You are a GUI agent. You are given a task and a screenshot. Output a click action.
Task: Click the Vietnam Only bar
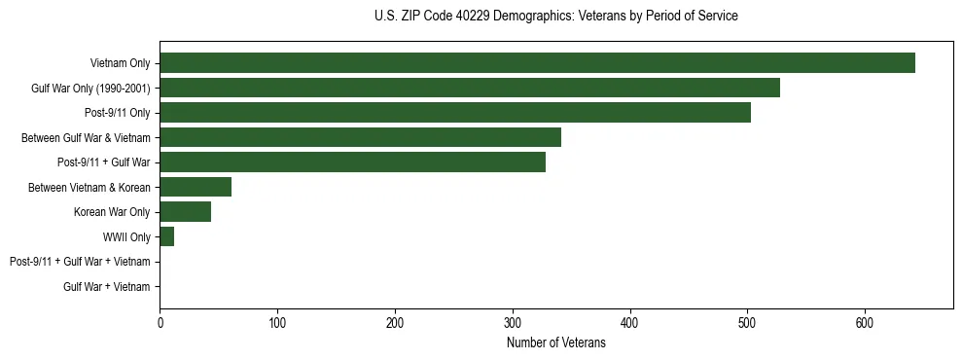pos(537,63)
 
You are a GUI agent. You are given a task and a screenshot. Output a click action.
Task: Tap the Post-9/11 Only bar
pos(455,113)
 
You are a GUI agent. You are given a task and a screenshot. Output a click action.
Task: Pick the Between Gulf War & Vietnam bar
pos(360,137)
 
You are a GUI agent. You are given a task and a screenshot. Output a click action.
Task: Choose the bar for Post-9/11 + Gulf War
pos(352,162)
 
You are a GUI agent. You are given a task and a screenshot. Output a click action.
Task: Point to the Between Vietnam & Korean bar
pos(196,187)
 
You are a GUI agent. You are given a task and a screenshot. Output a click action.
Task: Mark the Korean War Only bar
pos(185,212)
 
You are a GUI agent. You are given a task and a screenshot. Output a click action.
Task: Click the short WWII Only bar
pos(166,236)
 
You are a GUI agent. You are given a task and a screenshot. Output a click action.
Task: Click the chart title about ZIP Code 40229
pos(555,17)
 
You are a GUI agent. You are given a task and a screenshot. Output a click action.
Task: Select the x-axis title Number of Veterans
pos(555,343)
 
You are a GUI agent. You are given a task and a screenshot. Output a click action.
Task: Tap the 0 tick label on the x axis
pos(160,323)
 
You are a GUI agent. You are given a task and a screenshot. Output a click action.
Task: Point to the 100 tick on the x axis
pos(277,323)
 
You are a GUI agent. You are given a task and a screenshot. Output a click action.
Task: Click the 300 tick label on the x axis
pos(513,323)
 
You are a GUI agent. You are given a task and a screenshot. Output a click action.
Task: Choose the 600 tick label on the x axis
pos(865,323)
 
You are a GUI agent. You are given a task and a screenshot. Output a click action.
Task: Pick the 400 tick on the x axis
pos(630,323)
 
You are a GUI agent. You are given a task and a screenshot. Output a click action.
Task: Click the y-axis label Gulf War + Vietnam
pos(107,287)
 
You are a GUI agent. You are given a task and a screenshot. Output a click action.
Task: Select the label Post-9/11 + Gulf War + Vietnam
pos(80,262)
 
